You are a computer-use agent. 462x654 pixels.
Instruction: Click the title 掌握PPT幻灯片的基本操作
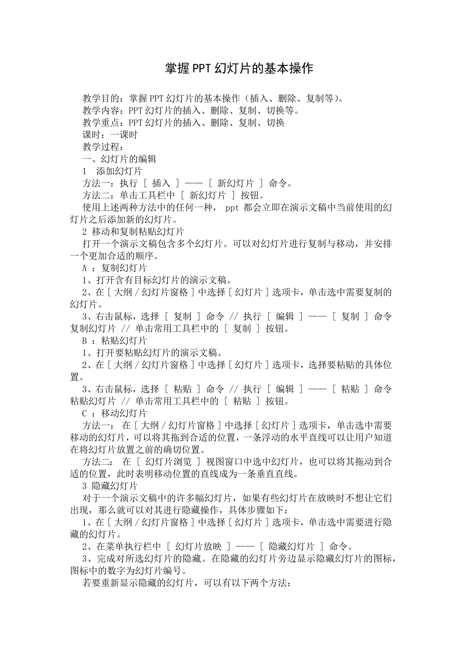[x=239, y=68]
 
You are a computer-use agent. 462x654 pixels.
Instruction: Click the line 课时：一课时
[x=110, y=135]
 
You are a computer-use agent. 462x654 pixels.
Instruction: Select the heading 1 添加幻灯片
[x=112, y=172]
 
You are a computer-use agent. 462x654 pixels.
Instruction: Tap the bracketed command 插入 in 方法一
[x=161, y=184]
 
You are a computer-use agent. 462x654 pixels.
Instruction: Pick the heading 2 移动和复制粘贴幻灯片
[x=133, y=232]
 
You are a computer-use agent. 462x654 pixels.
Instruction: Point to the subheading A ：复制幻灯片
[x=114, y=268]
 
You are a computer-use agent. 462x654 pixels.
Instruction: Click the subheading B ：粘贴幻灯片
[x=114, y=341]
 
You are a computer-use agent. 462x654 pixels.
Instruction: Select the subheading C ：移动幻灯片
[x=114, y=413]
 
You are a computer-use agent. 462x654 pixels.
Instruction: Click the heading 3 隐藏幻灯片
[x=110, y=486]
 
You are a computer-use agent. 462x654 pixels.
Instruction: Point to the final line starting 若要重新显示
[x=186, y=583]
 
